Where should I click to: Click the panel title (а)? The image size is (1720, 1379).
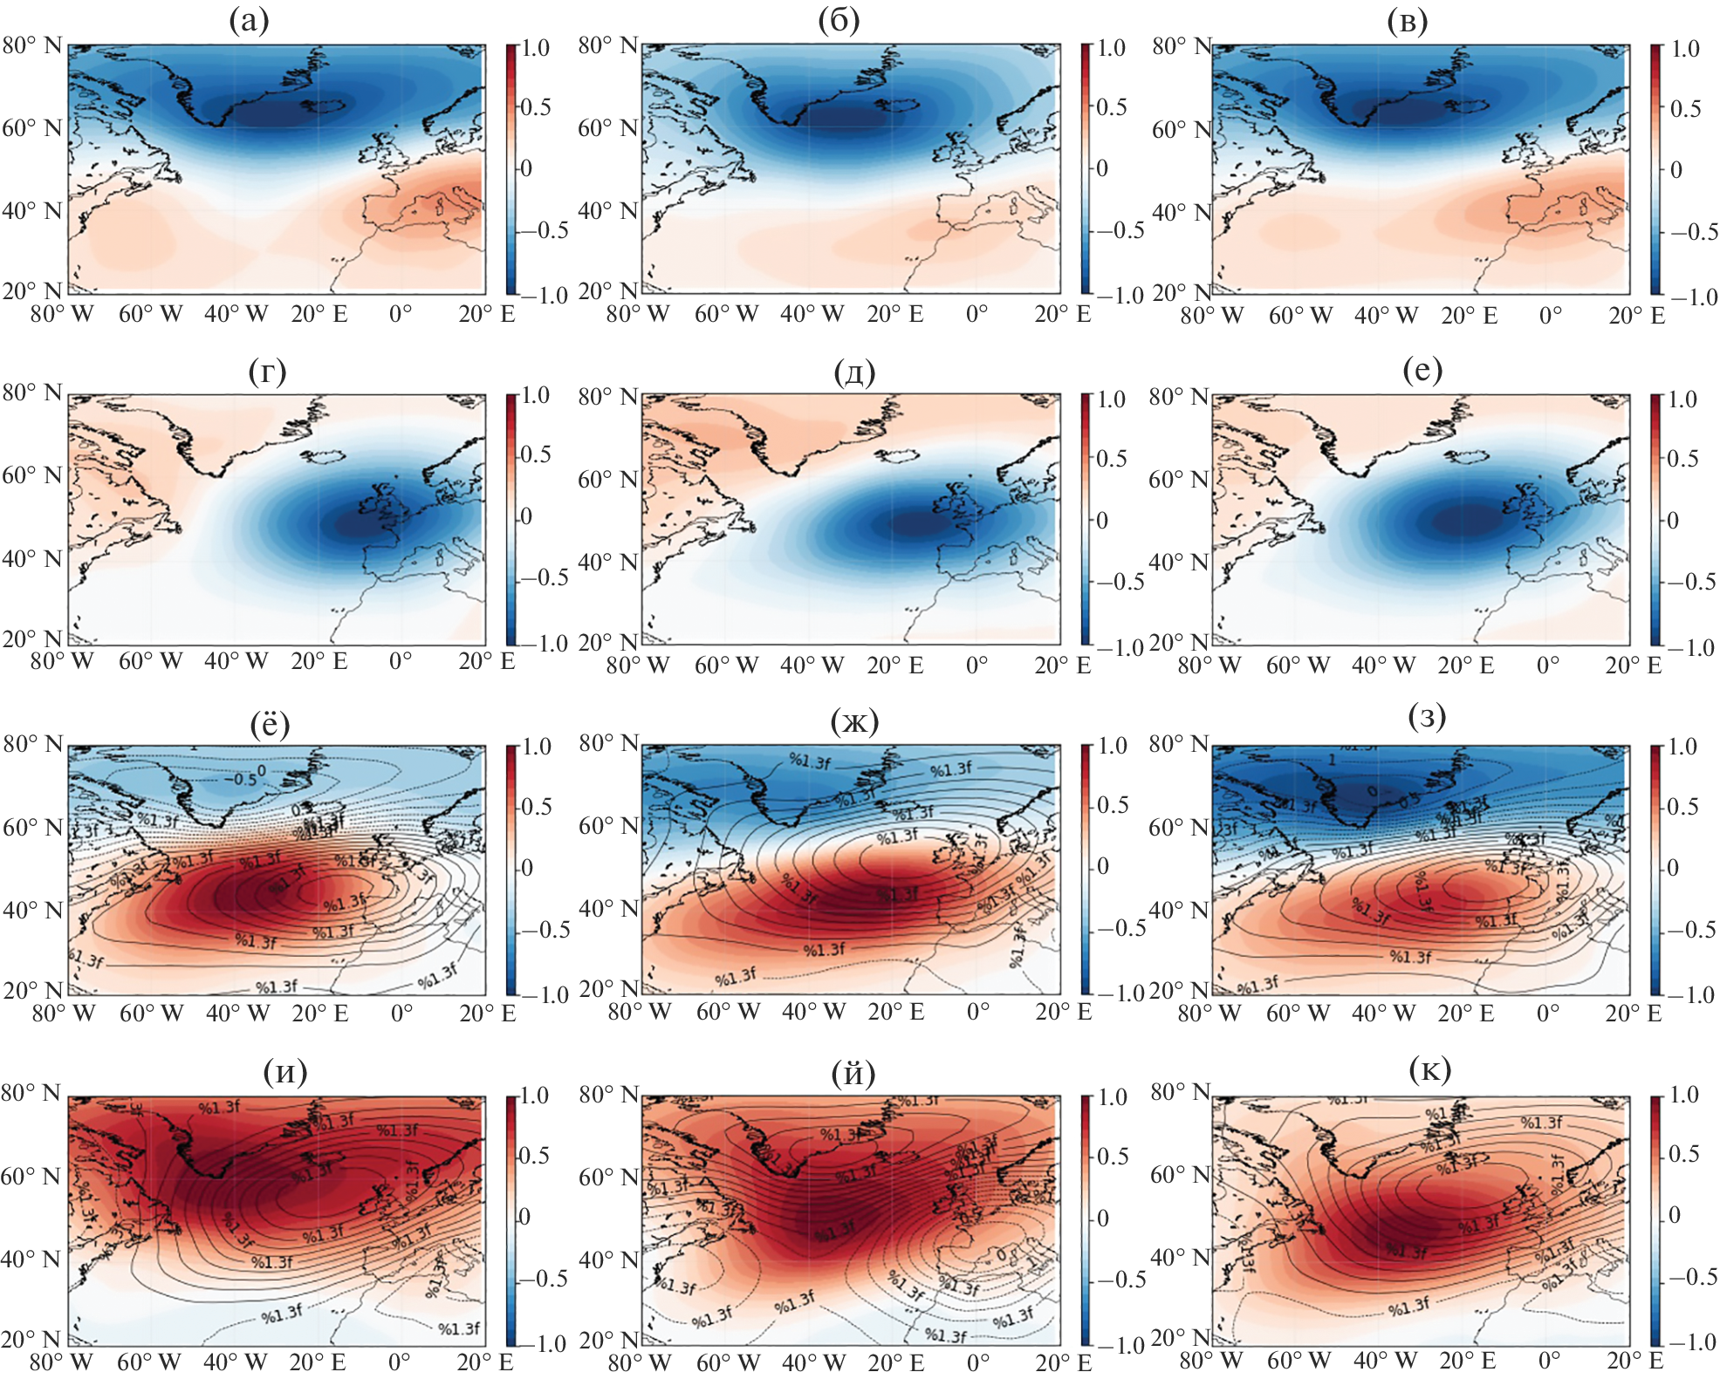coord(249,20)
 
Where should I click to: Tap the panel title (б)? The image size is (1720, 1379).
coord(839,20)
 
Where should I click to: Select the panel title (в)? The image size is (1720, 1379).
coord(1407,22)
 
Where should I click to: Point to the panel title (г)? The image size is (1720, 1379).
coord(267,372)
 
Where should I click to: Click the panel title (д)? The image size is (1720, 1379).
coord(853,372)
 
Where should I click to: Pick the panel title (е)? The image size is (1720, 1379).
coord(1422,371)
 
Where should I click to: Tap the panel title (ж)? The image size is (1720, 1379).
coord(853,721)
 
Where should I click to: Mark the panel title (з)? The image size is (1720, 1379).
coord(1427,718)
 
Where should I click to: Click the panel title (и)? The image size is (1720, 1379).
coord(284,1071)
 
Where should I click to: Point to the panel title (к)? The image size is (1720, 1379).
coord(1429,1069)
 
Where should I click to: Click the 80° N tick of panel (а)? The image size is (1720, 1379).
coord(31,45)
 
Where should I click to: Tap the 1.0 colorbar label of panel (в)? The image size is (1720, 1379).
coord(1685,49)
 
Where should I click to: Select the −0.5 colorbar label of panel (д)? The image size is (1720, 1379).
coord(1119,582)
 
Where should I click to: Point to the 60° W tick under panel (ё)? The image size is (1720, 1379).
coord(151,1014)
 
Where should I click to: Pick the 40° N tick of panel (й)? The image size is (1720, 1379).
coord(607,1260)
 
